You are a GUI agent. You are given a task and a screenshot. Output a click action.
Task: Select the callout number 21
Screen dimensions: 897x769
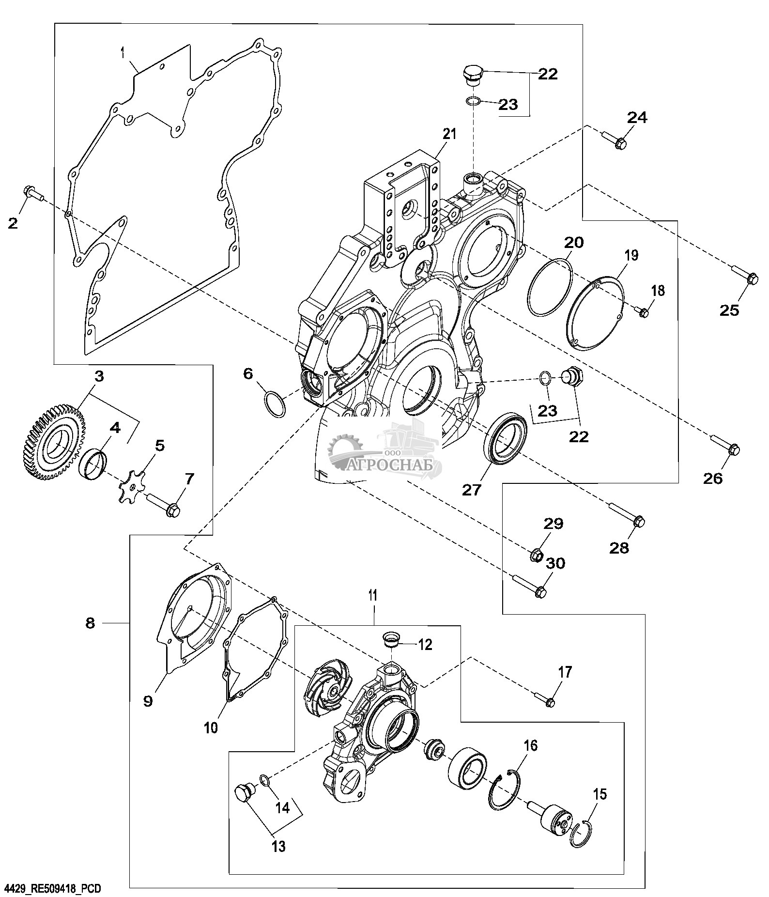tap(449, 134)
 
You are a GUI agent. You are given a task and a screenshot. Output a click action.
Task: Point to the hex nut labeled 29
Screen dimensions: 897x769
tap(537, 555)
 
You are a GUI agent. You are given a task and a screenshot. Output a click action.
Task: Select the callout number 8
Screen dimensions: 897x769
tap(90, 622)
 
